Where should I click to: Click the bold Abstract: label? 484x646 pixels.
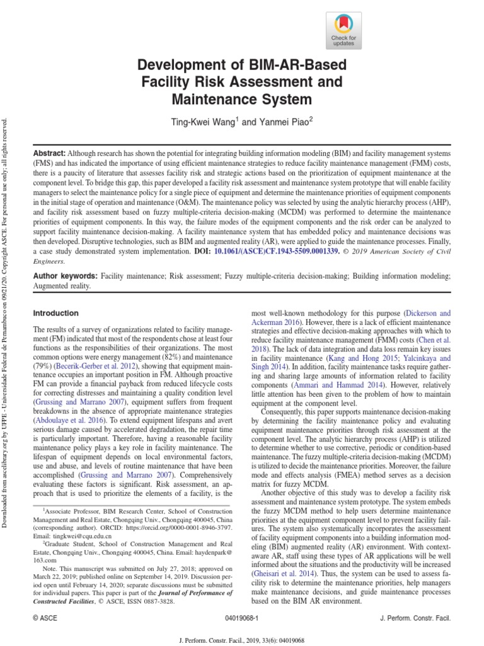click(x=49, y=154)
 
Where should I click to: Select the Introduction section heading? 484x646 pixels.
click(x=55, y=313)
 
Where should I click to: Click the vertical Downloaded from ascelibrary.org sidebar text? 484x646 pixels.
click(x=6, y=315)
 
